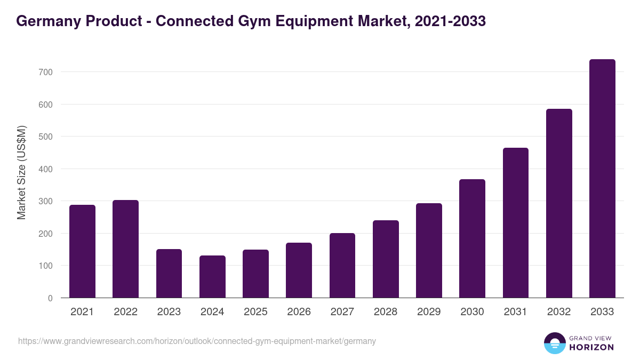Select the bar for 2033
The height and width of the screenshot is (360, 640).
coord(602,179)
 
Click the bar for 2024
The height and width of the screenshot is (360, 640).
coord(212,277)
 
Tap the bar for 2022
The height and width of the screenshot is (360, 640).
coord(125,249)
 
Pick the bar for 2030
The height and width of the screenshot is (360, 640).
coord(472,238)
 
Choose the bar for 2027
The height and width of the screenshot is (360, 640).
coord(342,266)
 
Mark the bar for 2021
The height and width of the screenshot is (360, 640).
coord(82,251)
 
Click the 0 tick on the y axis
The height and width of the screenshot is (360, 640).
coord(50,298)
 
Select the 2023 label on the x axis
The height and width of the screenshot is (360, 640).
coord(169,312)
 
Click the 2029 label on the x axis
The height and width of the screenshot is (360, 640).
coord(429,312)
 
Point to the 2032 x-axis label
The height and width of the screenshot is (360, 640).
coord(559,312)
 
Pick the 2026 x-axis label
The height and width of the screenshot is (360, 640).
coord(299,312)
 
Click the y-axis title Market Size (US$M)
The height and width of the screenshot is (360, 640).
coord(21,172)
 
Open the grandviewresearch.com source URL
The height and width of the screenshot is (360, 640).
coord(197,341)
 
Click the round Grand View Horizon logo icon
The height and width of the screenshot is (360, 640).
coord(555,343)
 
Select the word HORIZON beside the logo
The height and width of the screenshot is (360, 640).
coord(592,347)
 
